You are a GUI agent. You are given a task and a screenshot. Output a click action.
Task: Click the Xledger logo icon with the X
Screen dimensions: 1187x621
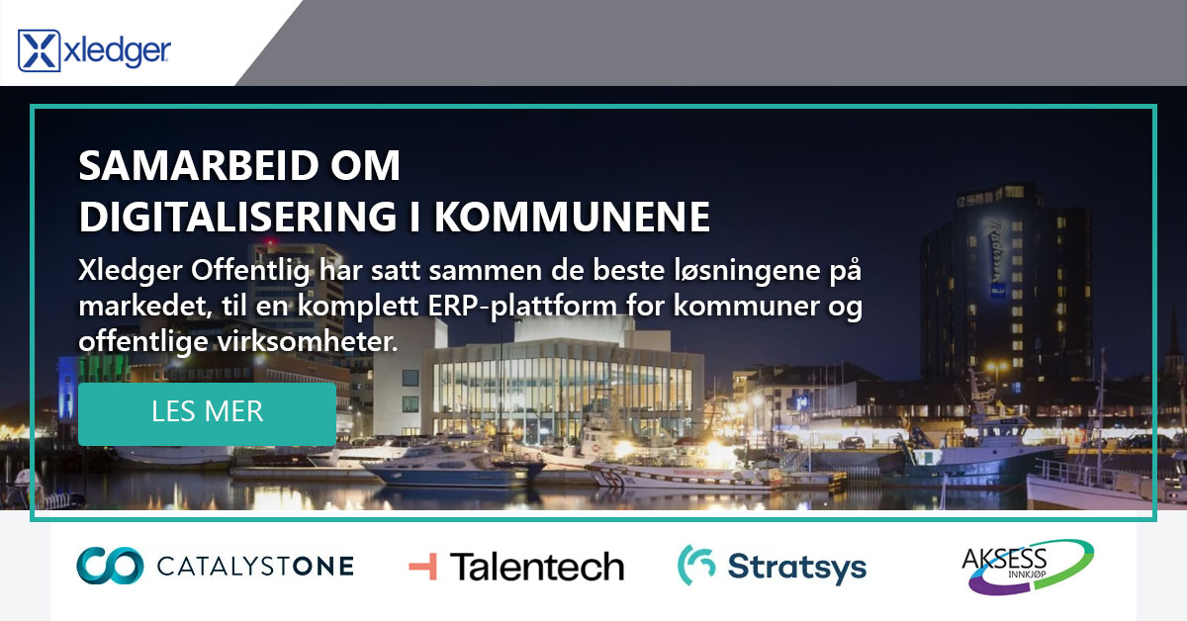(x=40, y=50)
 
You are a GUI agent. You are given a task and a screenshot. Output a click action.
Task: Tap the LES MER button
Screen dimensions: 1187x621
(x=207, y=413)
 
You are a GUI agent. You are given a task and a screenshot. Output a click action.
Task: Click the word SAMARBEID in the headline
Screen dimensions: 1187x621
(x=197, y=166)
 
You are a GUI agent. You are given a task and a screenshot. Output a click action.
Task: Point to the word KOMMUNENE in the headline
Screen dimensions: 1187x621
(x=573, y=217)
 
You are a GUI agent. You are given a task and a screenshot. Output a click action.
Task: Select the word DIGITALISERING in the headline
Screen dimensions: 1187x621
(x=238, y=217)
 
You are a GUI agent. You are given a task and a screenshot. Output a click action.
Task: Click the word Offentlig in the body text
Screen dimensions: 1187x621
(x=250, y=271)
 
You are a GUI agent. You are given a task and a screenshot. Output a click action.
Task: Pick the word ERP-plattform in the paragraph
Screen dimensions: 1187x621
(x=522, y=307)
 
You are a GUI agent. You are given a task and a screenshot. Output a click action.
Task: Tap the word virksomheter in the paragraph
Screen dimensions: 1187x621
(x=308, y=341)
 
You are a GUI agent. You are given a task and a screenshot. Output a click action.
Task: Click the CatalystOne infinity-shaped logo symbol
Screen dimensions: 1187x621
(x=110, y=566)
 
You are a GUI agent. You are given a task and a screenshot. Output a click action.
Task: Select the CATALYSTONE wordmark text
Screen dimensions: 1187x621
(x=255, y=567)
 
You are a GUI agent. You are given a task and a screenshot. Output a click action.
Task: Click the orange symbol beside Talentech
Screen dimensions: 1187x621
(x=423, y=567)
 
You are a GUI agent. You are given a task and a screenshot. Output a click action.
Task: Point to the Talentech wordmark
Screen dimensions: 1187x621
(x=537, y=567)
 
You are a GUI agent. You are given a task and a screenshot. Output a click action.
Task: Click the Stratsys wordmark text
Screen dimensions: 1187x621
(x=797, y=568)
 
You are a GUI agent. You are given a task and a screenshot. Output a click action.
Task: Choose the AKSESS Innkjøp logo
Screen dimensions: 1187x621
(x=1028, y=567)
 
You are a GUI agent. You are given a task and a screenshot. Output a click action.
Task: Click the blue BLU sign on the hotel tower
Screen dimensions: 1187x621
(x=998, y=291)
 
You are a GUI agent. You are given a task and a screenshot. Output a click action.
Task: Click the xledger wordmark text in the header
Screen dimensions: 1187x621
(x=117, y=52)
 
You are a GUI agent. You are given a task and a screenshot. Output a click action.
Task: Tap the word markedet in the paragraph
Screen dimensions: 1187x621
(x=145, y=306)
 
